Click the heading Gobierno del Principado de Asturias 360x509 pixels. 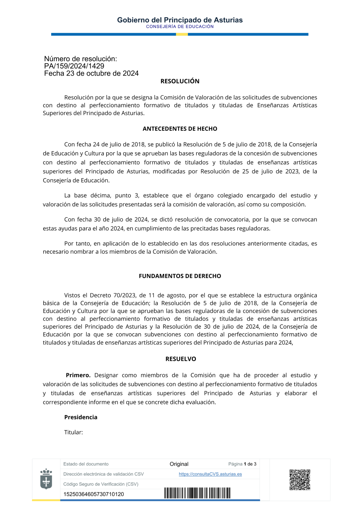click(x=180, y=20)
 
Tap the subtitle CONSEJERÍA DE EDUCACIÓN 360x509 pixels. click(x=180, y=27)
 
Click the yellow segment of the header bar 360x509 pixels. click(x=182, y=35)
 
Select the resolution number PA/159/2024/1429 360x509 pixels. click(x=74, y=66)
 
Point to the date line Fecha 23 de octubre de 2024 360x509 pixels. click(x=91, y=73)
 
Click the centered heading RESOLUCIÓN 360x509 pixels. click(x=180, y=81)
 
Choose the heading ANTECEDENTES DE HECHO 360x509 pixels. click(x=180, y=129)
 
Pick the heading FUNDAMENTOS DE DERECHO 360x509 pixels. click(x=180, y=276)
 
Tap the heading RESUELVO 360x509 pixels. click(x=181, y=359)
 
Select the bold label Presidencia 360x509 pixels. click(x=81, y=417)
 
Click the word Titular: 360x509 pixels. click(x=73, y=432)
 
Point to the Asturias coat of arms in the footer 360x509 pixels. click(x=46, y=479)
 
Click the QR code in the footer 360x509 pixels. click(x=300, y=479)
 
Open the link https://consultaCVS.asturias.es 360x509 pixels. click(x=210, y=474)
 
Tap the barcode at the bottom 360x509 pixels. click(x=197, y=493)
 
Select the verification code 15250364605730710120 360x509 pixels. click(x=94, y=494)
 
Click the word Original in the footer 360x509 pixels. click(x=179, y=464)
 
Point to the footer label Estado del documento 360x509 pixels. click(x=86, y=464)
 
